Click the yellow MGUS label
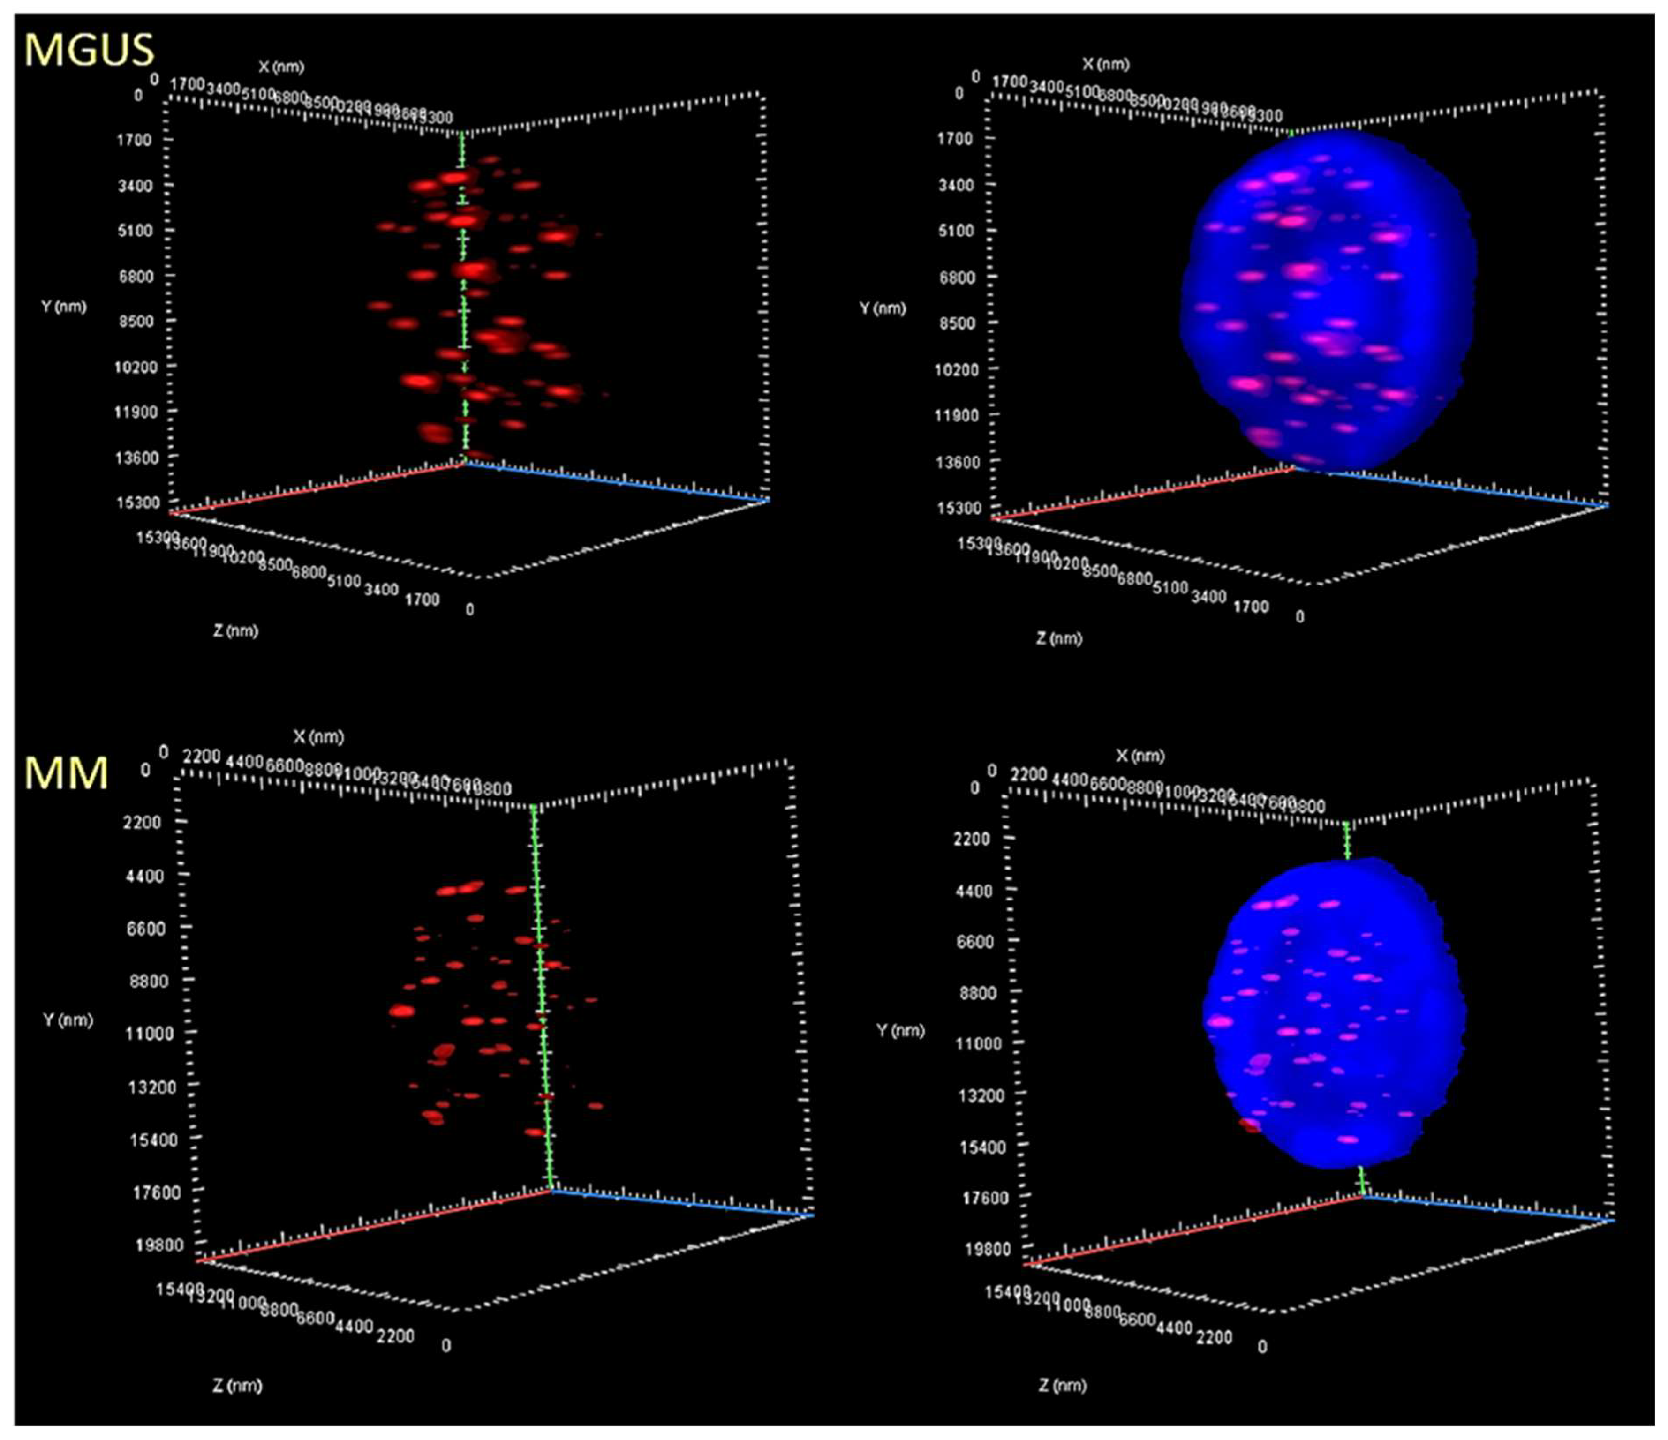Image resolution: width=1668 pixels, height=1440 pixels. click(x=89, y=50)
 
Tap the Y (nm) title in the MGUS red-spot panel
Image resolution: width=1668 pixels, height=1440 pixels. click(x=64, y=307)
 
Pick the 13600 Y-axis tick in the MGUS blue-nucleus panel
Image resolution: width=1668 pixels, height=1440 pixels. click(x=956, y=462)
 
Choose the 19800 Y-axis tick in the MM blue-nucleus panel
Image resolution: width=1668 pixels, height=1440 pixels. click(x=986, y=1248)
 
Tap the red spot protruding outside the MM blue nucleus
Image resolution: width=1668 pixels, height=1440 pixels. click(x=1249, y=1125)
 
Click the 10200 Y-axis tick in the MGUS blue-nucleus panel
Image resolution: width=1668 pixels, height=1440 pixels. click(x=956, y=369)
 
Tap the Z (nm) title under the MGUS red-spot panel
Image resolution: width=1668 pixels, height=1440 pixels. click(x=235, y=631)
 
